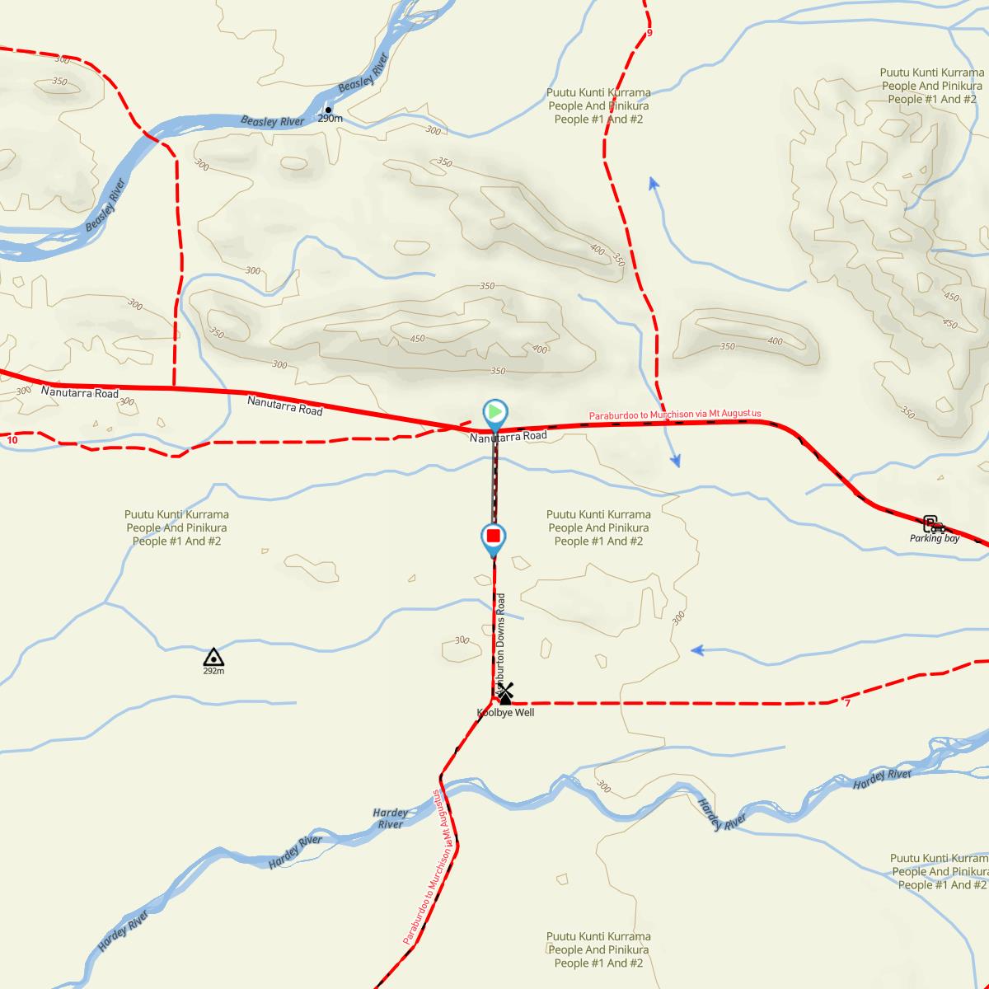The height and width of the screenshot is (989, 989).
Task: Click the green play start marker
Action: click(494, 411)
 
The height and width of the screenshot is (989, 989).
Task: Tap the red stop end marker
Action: click(494, 537)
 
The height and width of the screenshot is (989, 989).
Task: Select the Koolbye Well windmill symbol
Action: click(505, 693)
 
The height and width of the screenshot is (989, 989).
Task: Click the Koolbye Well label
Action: click(505, 713)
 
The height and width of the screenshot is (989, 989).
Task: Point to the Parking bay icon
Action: click(932, 523)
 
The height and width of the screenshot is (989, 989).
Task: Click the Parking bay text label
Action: click(935, 538)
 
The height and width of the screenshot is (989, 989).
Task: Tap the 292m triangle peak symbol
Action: click(213, 657)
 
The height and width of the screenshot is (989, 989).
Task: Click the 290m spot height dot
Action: click(328, 110)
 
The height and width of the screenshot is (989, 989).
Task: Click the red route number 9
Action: click(649, 33)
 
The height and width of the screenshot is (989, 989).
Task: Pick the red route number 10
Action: click(12, 440)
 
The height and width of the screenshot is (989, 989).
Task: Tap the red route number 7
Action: click(847, 702)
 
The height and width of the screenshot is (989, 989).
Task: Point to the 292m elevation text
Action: click(213, 671)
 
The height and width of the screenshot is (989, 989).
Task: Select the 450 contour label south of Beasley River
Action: click(417, 339)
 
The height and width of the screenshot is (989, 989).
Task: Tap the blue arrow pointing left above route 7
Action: click(696, 650)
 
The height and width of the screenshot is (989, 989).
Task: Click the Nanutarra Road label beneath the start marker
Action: click(509, 436)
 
